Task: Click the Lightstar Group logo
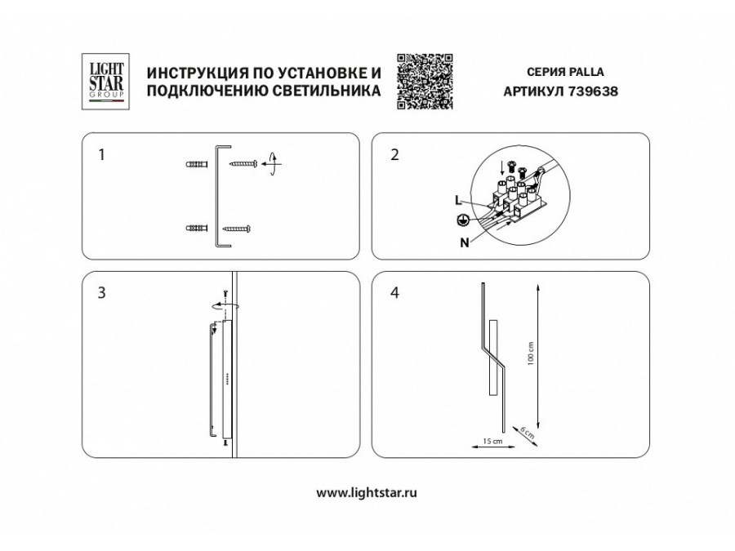105,82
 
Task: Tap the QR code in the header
425,82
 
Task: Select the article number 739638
593,91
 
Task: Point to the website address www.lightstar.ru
367,492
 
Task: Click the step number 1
102,154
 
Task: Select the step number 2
394,154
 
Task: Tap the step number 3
102,293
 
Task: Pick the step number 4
394,293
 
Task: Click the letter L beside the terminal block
458,200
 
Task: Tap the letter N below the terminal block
465,242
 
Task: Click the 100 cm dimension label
531,353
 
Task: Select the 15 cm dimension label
492,441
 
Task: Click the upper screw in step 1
243,164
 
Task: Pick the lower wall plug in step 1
197,229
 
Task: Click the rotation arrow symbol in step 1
272,164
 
